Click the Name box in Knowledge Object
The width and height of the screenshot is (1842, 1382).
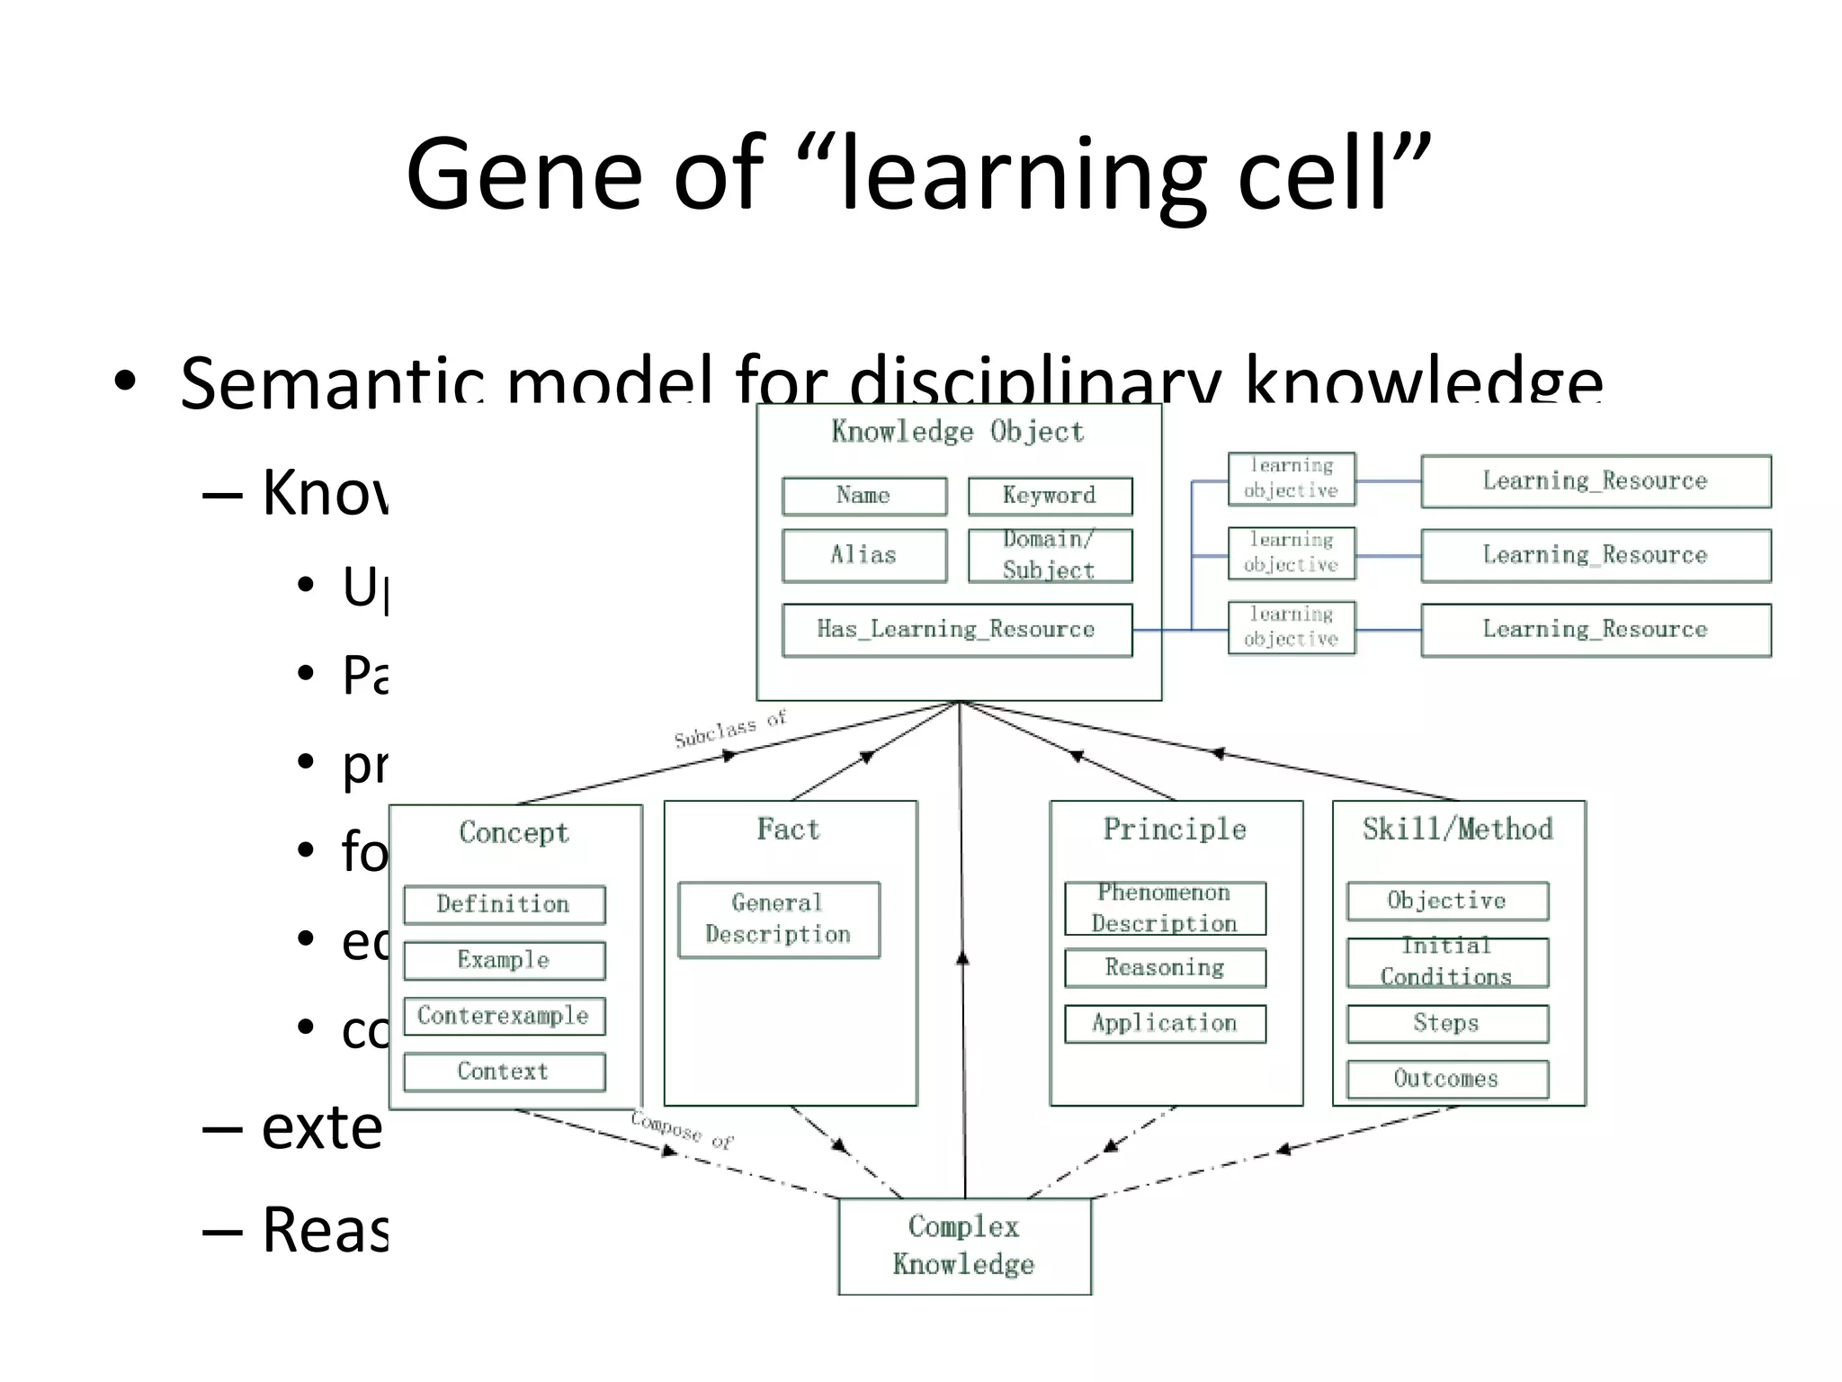(x=863, y=496)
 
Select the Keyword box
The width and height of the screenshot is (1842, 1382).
(x=1050, y=496)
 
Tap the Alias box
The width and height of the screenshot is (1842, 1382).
(x=863, y=555)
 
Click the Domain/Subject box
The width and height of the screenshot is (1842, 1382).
(x=1050, y=555)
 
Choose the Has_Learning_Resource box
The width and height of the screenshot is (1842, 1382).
(x=956, y=630)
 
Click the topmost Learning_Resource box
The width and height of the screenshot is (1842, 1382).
(x=1595, y=481)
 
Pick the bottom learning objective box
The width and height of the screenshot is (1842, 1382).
(x=1291, y=627)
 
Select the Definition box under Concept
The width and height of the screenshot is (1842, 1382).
(x=504, y=904)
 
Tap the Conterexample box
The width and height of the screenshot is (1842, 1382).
(x=504, y=1016)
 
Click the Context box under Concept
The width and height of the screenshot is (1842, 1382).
(x=504, y=1072)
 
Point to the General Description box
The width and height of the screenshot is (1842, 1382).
(x=778, y=920)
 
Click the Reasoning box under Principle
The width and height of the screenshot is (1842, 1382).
(x=1165, y=968)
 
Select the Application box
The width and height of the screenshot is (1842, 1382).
(x=1165, y=1024)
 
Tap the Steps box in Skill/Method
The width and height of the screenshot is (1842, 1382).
(x=1446, y=1024)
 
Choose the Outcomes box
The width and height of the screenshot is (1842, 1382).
(x=1446, y=1079)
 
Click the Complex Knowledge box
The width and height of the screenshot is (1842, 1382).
(x=964, y=1246)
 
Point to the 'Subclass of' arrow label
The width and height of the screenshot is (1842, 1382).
(x=730, y=729)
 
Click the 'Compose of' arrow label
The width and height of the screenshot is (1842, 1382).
(x=682, y=1130)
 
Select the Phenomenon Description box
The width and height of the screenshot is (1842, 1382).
(x=1165, y=909)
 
